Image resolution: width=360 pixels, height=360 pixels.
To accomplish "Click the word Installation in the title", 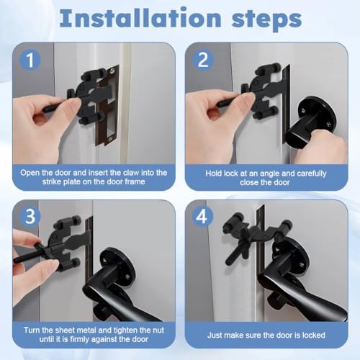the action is (x=140, y=18).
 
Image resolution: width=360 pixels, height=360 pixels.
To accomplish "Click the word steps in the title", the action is (x=266, y=19).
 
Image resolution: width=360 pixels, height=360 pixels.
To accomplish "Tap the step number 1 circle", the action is (x=30, y=60).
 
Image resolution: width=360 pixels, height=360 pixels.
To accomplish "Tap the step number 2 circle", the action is (x=203, y=60).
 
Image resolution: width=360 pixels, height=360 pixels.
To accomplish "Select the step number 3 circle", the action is (x=30, y=217).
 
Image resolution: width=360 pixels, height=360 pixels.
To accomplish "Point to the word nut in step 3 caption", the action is (x=158, y=330).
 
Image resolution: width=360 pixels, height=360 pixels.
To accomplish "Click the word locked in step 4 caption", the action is (x=313, y=335).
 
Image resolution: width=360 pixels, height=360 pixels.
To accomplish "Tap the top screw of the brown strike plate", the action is (x=113, y=71).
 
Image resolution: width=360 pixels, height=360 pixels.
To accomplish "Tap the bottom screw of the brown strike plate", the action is (x=111, y=139).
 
